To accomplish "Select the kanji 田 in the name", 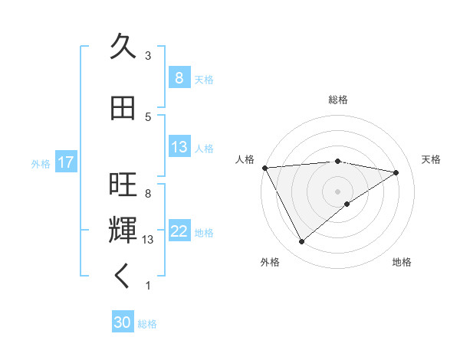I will (x=123, y=108).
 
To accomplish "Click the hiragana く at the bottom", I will (x=123, y=277).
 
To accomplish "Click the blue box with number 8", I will (x=179, y=78).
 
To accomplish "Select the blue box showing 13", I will (x=179, y=147).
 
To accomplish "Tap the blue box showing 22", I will (x=179, y=231).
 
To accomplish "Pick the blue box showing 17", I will (x=65, y=162).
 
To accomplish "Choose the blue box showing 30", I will (x=123, y=322).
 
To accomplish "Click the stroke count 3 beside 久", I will (x=147, y=56).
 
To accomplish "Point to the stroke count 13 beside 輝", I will (x=149, y=240).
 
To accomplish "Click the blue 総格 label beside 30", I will (x=147, y=324).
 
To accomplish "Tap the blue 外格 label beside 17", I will (x=41, y=163).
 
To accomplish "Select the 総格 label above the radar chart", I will (x=337, y=100).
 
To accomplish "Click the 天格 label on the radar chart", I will (x=431, y=159).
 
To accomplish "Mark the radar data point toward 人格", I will (x=264, y=167).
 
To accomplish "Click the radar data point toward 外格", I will (x=301, y=241).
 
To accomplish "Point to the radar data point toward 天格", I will (x=396, y=172).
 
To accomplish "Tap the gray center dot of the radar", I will (x=337, y=191).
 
